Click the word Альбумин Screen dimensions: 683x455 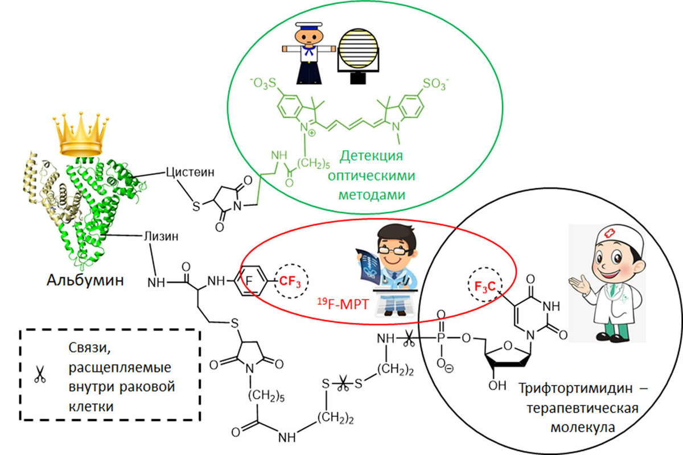85,280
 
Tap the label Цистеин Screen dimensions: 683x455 190,172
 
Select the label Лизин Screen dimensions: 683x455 161,237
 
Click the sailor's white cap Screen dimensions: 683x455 308,26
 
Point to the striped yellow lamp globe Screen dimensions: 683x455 358,49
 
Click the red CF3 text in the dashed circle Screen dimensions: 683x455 290,282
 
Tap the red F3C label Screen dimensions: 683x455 485,286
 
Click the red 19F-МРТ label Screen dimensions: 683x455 343,304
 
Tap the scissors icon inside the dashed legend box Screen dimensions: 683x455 40,374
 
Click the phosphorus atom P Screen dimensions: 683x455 441,338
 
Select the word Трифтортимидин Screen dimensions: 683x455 575,388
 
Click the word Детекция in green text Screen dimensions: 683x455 371,156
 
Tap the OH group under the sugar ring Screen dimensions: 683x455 497,386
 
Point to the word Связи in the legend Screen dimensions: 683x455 89,348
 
